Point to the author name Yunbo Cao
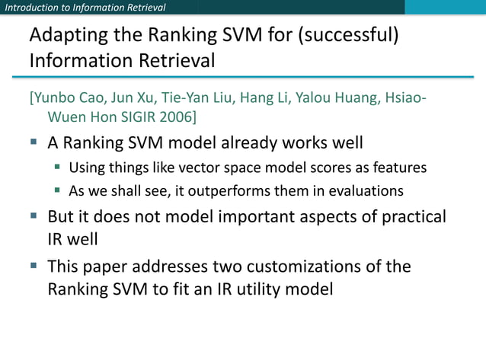(x=66, y=101)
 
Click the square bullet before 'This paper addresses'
(x=34, y=267)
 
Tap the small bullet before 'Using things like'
(x=57, y=167)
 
